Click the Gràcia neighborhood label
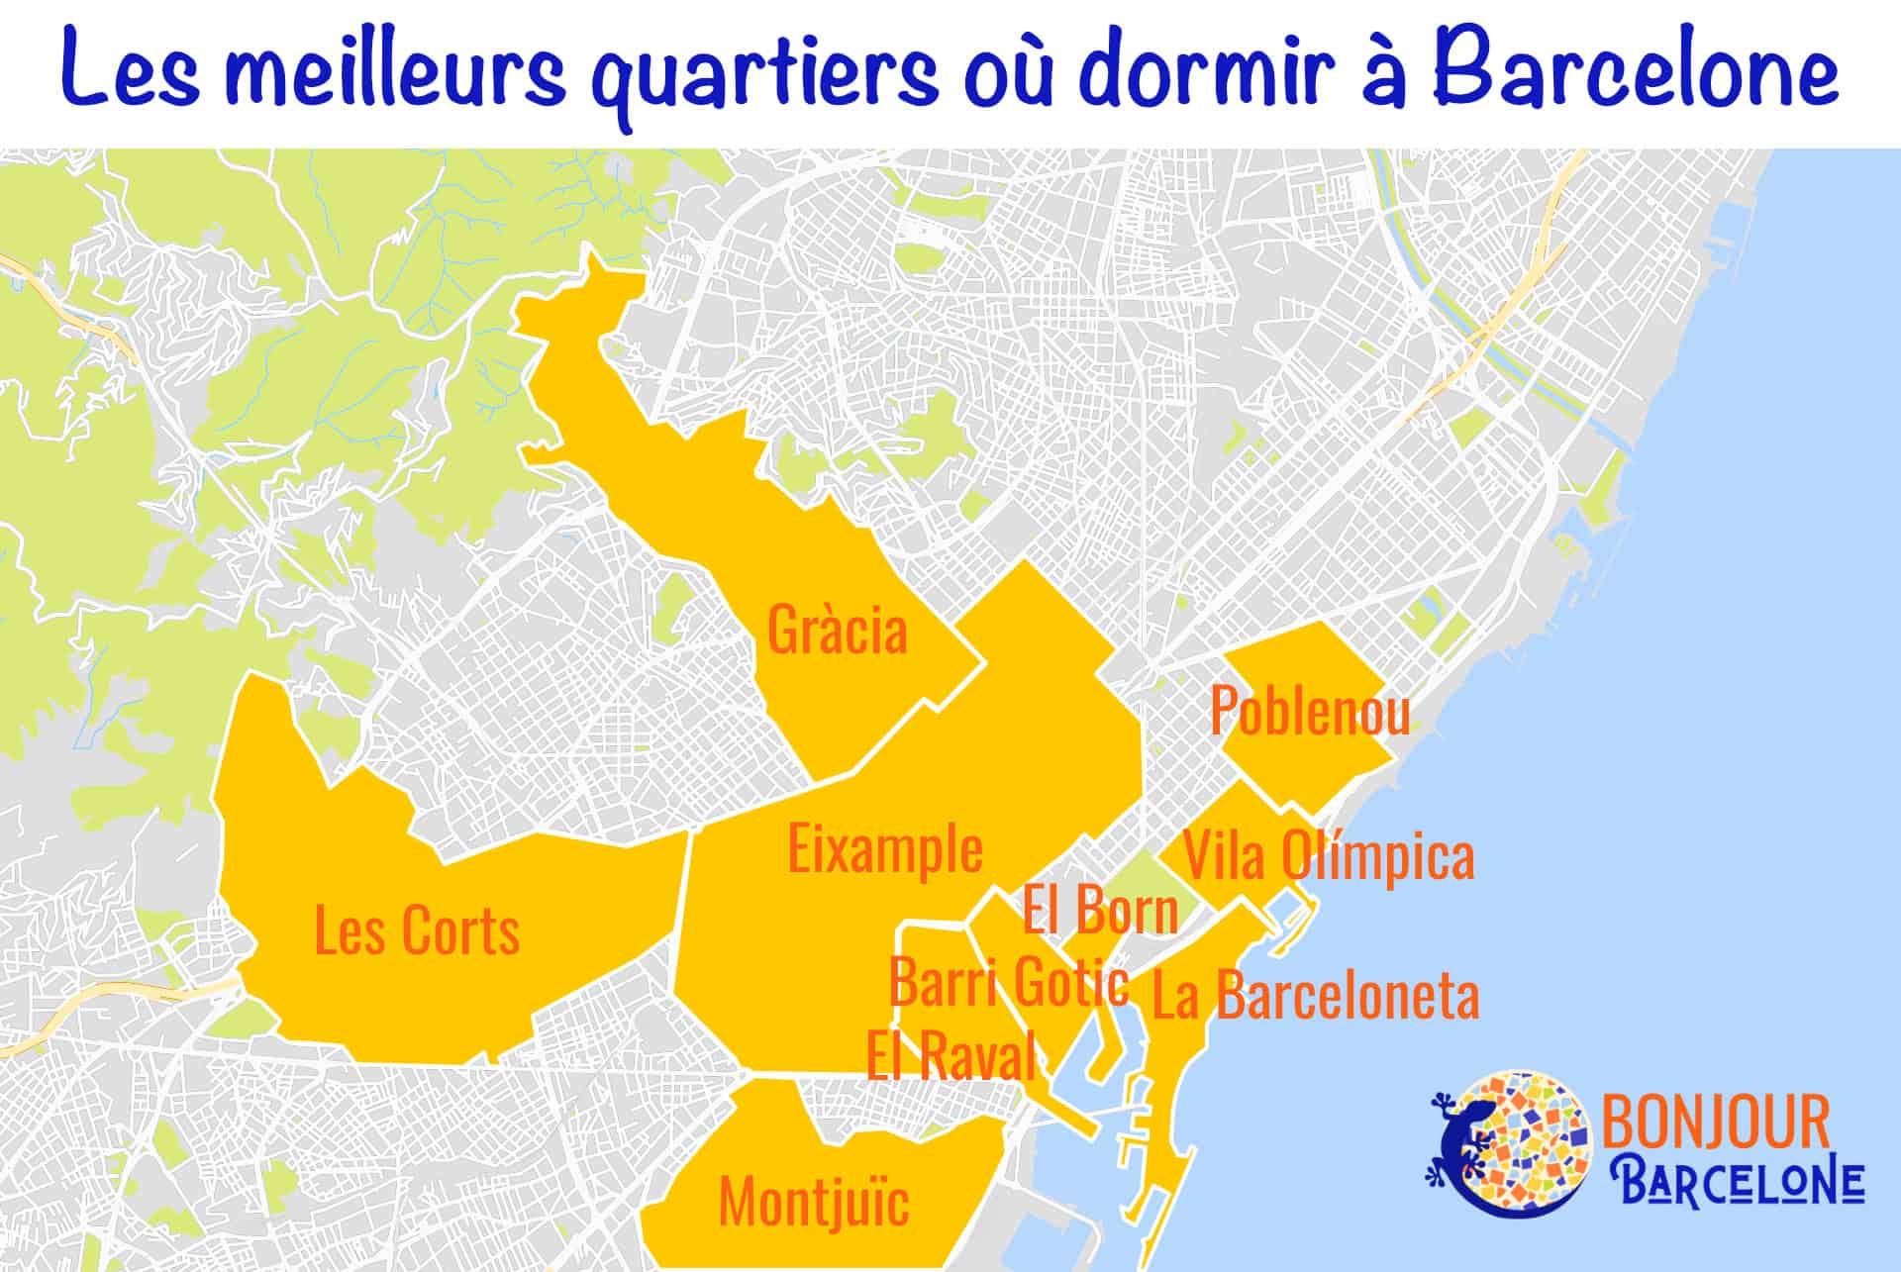coord(838,631)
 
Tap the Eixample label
coord(885,849)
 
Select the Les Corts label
coord(417,930)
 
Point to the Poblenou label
coord(1310,711)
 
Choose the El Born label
coord(1100,910)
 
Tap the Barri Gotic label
coord(1008,982)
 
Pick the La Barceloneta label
coord(1316,996)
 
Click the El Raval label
coord(950,1055)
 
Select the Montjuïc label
coord(814,1201)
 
